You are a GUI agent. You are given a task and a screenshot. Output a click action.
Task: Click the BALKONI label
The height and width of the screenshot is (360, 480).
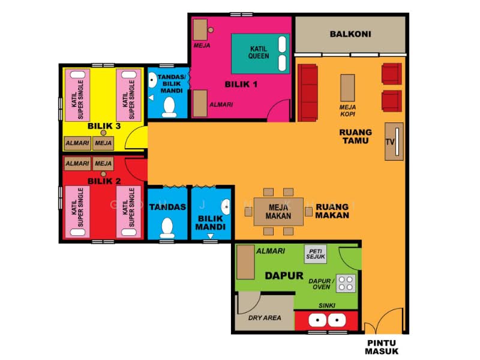coord(350,34)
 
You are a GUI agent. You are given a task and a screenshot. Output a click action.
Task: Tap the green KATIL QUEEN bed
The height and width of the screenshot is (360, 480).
coord(260,54)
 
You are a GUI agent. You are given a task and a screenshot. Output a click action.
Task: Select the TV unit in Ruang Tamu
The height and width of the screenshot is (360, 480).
coord(394,142)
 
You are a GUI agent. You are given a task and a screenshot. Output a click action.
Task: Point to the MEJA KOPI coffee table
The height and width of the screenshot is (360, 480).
coord(348,88)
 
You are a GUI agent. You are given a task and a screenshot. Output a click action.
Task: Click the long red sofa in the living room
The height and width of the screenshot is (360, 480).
coord(308,92)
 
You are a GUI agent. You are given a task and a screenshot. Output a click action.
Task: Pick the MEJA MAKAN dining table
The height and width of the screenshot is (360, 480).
coord(278,212)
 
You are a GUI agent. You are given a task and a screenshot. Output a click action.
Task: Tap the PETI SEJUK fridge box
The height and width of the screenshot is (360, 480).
coord(316,254)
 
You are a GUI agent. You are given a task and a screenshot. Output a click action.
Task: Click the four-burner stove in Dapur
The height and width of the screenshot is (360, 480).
coord(346,283)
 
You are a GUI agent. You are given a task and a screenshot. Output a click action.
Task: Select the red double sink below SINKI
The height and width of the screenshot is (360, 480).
coord(326,320)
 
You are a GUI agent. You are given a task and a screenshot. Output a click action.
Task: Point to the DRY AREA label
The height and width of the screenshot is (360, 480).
coord(265,318)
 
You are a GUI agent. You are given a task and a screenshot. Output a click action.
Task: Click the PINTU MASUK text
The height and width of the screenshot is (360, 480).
coord(382,347)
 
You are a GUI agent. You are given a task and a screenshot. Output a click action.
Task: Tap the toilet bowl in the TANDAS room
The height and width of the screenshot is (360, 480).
coord(167,228)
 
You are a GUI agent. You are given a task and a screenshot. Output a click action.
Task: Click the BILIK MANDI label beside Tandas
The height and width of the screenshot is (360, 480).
coord(211,223)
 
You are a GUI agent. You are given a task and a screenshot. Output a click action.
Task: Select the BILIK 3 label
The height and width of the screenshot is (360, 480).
coord(104,126)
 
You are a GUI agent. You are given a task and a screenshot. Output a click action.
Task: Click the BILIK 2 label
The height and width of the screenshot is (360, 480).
coord(104,181)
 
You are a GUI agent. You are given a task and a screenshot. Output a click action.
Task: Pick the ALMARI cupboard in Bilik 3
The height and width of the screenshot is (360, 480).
coord(77,143)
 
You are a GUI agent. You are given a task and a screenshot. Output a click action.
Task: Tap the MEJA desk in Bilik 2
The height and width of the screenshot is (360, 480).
coord(103,164)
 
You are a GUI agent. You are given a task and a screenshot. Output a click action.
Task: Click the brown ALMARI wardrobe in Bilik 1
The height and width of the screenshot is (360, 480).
coord(200,103)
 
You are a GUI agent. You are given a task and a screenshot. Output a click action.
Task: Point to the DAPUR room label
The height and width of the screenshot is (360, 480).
coord(284,276)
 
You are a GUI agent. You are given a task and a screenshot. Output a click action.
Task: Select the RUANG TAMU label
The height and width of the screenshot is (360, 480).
coord(355,137)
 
